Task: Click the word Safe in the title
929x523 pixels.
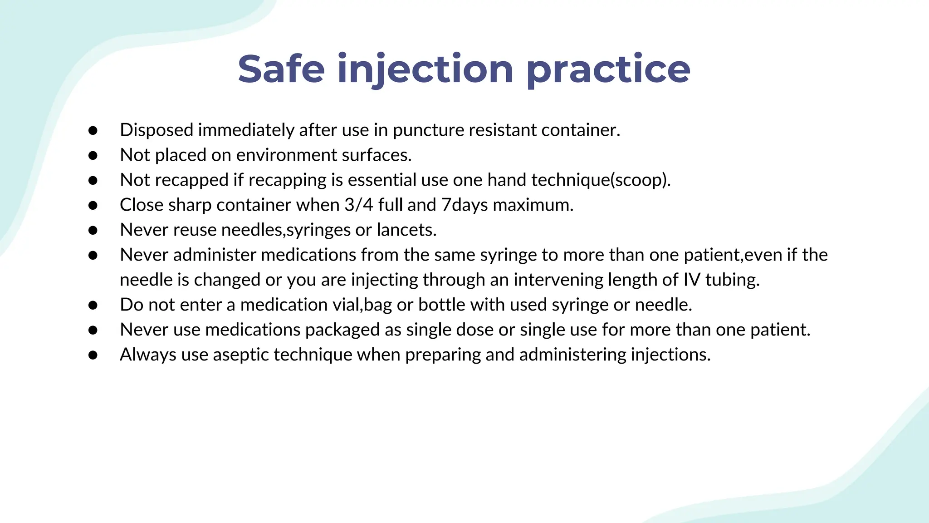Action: pyautogui.click(x=281, y=69)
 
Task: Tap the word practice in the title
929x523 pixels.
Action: pyautogui.click(x=608, y=69)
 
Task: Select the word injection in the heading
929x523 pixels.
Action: pyautogui.click(x=425, y=69)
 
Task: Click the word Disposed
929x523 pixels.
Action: pyautogui.click(x=156, y=130)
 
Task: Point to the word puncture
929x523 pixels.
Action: pyautogui.click(x=428, y=130)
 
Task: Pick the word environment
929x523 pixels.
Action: pyautogui.click(x=286, y=155)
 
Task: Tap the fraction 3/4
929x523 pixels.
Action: pyautogui.click(x=358, y=205)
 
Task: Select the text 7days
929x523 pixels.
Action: pyautogui.click(x=464, y=205)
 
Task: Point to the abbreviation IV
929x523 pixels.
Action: pyautogui.click(x=692, y=280)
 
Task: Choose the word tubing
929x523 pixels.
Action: pyautogui.click(x=732, y=280)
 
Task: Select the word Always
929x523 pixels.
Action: pyautogui.click(x=148, y=355)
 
